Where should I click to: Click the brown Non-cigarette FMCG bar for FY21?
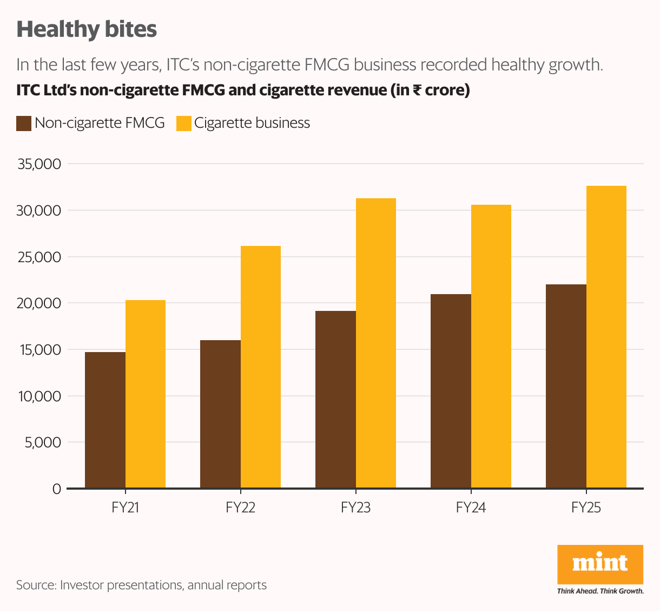(105, 420)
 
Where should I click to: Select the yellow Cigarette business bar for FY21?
(146, 394)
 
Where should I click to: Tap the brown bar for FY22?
(220, 414)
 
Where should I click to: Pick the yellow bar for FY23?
(376, 343)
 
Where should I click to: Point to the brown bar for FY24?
(451, 391)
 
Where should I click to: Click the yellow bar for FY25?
(606, 337)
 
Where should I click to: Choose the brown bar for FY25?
(566, 386)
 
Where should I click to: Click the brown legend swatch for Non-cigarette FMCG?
(24, 123)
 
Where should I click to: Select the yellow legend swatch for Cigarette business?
(184, 123)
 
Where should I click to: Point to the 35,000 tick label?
(39, 164)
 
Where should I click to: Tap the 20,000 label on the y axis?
(39, 303)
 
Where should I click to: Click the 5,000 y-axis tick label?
(43, 443)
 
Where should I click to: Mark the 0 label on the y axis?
(57, 489)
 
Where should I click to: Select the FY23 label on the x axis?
(355, 508)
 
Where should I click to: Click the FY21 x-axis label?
(125, 508)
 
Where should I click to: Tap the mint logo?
(600, 564)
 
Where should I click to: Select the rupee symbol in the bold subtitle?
(417, 90)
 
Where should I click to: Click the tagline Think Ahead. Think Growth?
(600, 591)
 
